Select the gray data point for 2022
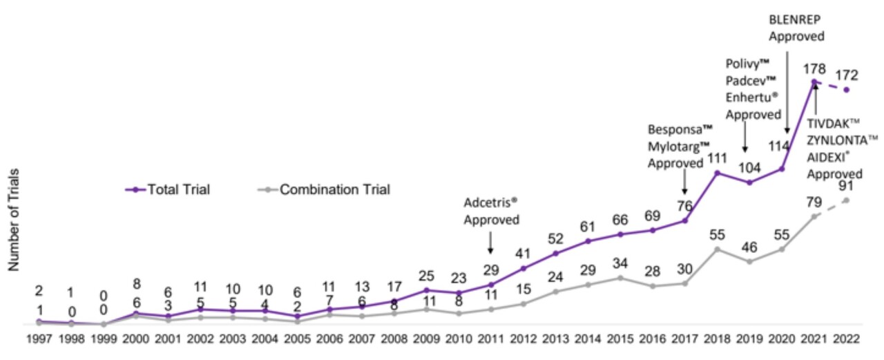point(846,200)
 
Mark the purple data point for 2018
point(717,172)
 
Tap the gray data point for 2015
point(619,278)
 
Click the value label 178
point(814,68)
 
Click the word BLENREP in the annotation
point(796,19)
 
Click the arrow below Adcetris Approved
point(490,243)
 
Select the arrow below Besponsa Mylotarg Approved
point(684,183)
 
